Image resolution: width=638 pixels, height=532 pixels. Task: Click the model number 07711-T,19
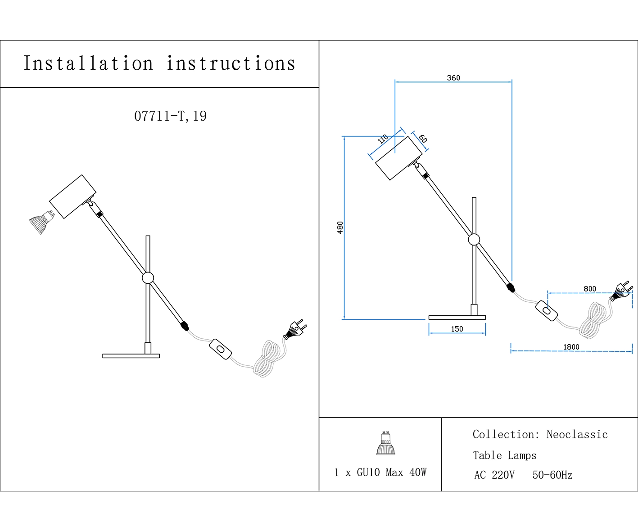pyautogui.click(x=170, y=116)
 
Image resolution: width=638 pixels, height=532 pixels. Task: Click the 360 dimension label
pyautogui.click(x=453, y=78)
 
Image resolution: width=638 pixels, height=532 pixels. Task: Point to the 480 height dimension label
pyautogui.click(x=340, y=227)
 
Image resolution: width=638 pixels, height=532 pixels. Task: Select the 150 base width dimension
pyautogui.click(x=457, y=329)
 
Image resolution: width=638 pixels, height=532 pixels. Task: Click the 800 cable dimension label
pyautogui.click(x=589, y=289)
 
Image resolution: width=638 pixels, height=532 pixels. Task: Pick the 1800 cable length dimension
pyautogui.click(x=571, y=347)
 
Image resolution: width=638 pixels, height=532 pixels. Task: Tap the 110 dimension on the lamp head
pyautogui.click(x=383, y=139)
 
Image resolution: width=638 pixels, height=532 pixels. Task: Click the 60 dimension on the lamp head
pyautogui.click(x=423, y=139)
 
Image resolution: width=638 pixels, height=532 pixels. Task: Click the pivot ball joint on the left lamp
pyautogui.click(x=148, y=278)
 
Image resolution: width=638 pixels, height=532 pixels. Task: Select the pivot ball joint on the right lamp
pyautogui.click(x=474, y=240)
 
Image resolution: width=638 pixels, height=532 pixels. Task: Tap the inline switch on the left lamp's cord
pyautogui.click(x=221, y=349)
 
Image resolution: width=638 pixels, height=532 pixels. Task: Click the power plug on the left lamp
pyautogui.click(x=295, y=330)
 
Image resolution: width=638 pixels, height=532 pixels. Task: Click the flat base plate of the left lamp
pyautogui.click(x=131, y=356)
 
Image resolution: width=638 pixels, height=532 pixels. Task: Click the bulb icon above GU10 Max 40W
pyautogui.click(x=385, y=444)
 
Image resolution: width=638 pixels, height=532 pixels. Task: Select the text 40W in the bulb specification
pyautogui.click(x=417, y=473)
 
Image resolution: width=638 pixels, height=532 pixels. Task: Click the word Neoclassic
pyautogui.click(x=577, y=435)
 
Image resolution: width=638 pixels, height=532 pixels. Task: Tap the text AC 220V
pyautogui.click(x=494, y=475)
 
